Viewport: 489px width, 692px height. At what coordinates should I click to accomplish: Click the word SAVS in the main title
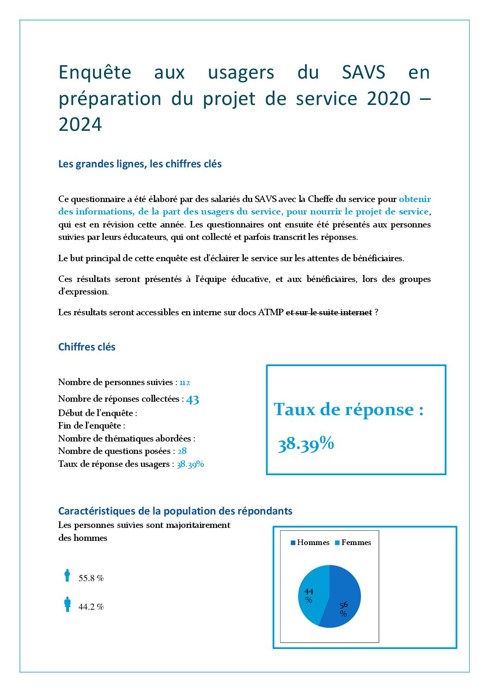click(x=363, y=73)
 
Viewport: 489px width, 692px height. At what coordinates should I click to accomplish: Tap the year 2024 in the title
click(x=80, y=125)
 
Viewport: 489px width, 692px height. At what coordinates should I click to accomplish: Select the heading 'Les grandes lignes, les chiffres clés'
click(x=140, y=164)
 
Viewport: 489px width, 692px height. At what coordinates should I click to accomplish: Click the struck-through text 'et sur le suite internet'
click(x=329, y=312)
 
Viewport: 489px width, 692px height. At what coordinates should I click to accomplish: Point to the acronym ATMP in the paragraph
click(x=270, y=312)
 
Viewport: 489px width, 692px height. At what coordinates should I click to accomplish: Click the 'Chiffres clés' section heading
click(x=87, y=347)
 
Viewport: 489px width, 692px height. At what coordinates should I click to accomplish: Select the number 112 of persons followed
click(x=185, y=383)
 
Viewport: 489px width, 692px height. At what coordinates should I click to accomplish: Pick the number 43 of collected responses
click(x=193, y=399)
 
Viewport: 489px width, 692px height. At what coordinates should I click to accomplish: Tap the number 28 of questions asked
click(x=182, y=451)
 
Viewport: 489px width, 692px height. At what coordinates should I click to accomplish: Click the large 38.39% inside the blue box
click(x=306, y=444)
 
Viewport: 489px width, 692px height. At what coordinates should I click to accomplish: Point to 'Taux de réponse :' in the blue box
click(x=348, y=410)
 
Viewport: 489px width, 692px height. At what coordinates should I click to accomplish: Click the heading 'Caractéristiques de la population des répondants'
click(x=175, y=511)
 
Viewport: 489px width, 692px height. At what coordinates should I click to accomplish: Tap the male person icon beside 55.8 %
click(x=67, y=576)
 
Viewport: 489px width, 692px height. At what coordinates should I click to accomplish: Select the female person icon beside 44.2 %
click(x=67, y=604)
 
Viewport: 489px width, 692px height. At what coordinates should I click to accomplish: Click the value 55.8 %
click(x=91, y=578)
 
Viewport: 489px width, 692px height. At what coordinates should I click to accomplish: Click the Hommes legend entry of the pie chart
click(x=310, y=543)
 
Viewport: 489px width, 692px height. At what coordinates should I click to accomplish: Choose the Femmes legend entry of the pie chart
click(x=354, y=543)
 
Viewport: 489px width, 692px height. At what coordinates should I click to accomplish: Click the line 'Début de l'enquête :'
click(x=98, y=413)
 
